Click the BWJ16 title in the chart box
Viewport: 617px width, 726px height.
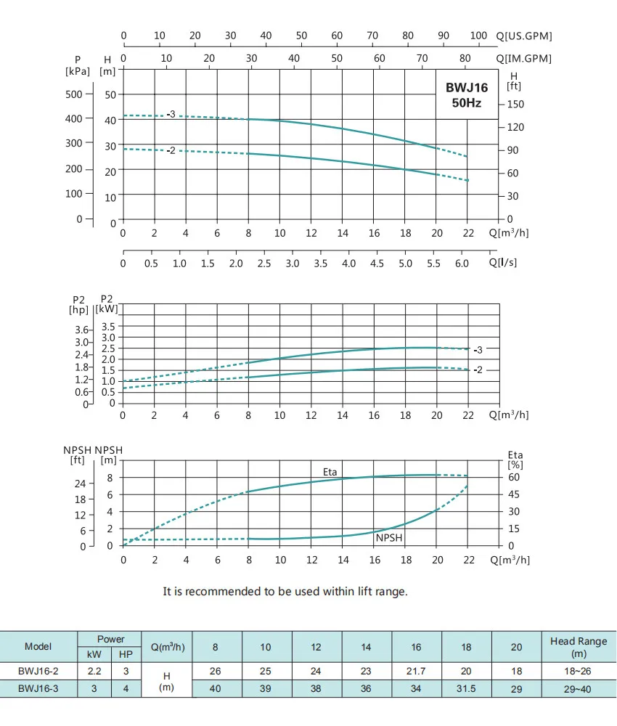(x=466, y=88)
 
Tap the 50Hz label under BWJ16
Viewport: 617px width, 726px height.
(x=466, y=103)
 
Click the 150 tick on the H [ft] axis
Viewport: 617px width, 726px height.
(x=515, y=105)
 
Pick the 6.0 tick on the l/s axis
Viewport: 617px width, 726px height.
(x=462, y=264)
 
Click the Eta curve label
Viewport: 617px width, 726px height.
(x=330, y=472)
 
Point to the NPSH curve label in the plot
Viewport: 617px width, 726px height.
(x=389, y=538)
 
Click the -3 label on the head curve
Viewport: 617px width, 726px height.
(x=171, y=114)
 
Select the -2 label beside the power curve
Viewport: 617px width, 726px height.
(x=478, y=370)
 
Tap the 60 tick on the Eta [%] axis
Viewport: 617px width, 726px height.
(x=514, y=478)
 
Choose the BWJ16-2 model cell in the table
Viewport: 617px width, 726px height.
(x=38, y=672)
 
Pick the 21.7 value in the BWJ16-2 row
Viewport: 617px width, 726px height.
(x=416, y=672)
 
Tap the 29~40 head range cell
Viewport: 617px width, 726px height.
(x=579, y=689)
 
